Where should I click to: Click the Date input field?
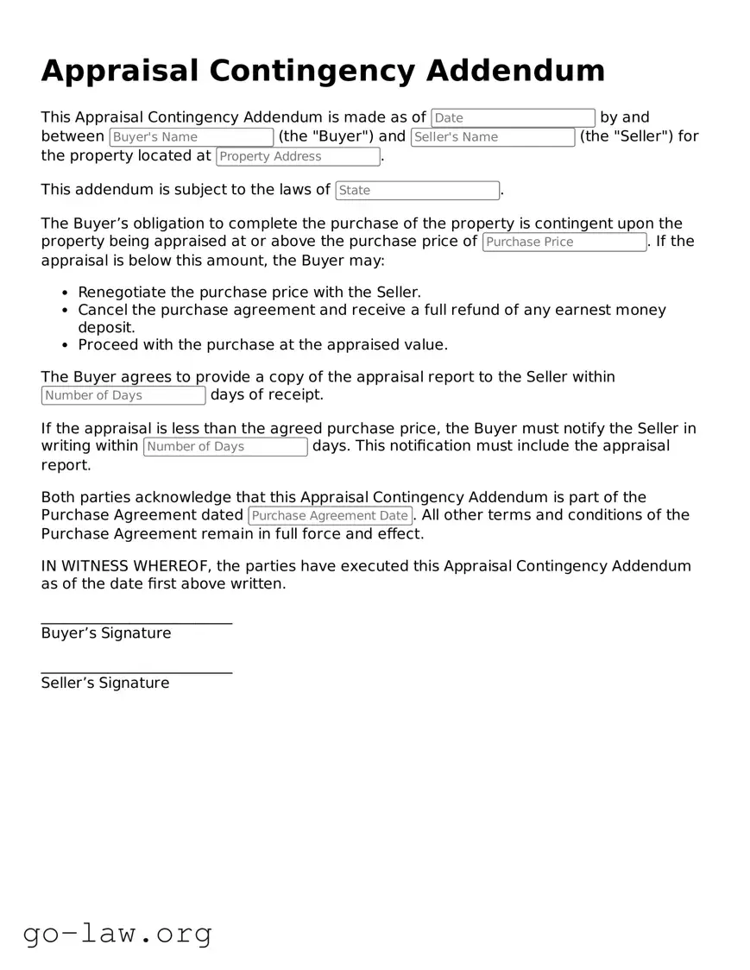click(513, 118)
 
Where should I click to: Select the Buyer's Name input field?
click(191, 137)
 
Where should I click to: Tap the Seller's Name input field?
click(492, 137)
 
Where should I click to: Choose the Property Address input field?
click(298, 156)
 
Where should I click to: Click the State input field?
click(417, 191)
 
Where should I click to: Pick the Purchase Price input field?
click(564, 243)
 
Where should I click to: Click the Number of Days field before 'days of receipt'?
click(123, 395)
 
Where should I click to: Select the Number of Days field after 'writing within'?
click(225, 447)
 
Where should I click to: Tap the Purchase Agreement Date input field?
click(330, 516)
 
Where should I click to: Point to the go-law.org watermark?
click(117, 933)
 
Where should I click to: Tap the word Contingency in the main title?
click(321, 71)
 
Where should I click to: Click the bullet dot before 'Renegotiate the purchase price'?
click(66, 293)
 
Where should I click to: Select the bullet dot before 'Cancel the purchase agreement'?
click(66, 311)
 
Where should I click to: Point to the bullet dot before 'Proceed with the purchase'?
click(66, 345)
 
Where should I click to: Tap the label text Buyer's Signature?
click(106, 633)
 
